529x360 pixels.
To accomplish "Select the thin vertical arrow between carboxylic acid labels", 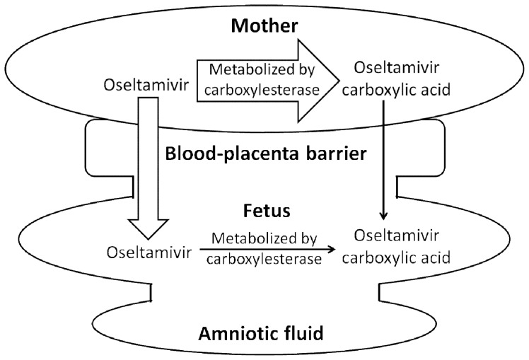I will coord(383,159).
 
